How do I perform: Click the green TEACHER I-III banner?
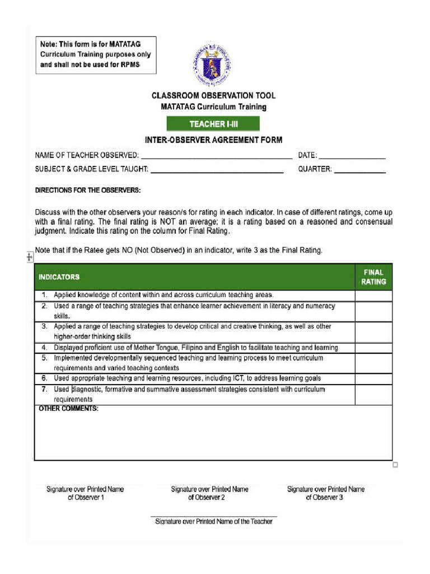click(213, 124)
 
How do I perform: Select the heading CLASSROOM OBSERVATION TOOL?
click(213, 96)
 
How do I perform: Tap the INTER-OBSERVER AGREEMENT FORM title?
click(213, 140)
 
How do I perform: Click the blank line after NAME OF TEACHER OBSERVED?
click(216, 156)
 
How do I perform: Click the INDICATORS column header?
click(59, 277)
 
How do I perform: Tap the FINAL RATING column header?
click(373, 277)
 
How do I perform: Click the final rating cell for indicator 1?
click(373, 295)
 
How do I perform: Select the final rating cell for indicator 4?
click(373, 348)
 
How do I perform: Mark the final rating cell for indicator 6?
click(373, 378)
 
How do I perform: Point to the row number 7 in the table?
click(44, 389)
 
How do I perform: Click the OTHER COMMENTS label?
click(68, 409)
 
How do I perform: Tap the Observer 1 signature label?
click(85, 493)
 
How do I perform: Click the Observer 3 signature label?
click(325, 493)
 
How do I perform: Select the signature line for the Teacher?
click(213, 517)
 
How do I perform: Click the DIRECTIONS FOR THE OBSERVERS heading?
click(88, 191)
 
